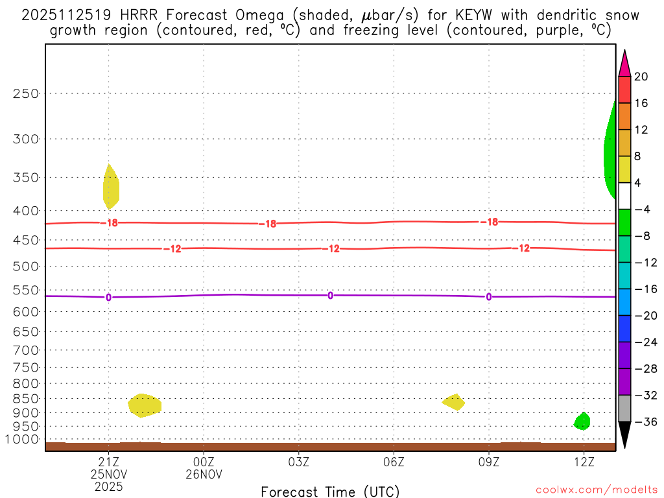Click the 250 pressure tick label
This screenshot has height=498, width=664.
pyautogui.click(x=26, y=93)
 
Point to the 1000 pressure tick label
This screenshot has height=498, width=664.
pyautogui.click(x=23, y=439)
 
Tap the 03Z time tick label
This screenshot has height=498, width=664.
pyautogui.click(x=299, y=462)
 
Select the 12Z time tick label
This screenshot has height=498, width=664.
pyautogui.click(x=584, y=462)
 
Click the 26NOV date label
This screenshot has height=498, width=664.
pyautogui.click(x=204, y=474)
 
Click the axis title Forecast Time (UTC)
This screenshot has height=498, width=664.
pyautogui.click(x=330, y=491)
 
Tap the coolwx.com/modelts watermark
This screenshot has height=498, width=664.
pyautogui.click(x=597, y=489)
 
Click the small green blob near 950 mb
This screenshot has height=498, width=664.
pyautogui.click(x=582, y=421)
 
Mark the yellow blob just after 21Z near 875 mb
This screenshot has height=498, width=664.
pyautogui.click(x=145, y=405)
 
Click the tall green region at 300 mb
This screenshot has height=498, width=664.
pyautogui.click(x=610, y=152)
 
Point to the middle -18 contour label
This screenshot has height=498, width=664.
pyautogui.click(x=267, y=224)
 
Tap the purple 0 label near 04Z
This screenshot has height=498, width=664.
pyautogui.click(x=330, y=295)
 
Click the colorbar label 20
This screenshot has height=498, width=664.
pyautogui.click(x=641, y=77)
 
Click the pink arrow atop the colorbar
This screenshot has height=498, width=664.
pyautogui.click(x=624, y=64)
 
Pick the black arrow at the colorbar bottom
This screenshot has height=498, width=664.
pyautogui.click(x=624, y=434)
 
